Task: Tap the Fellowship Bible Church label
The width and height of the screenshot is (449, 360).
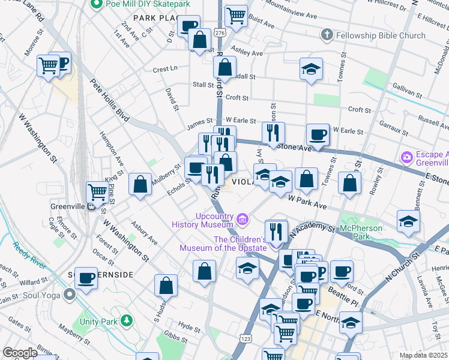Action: (381, 35)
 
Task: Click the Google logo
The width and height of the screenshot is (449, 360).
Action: (20, 353)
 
